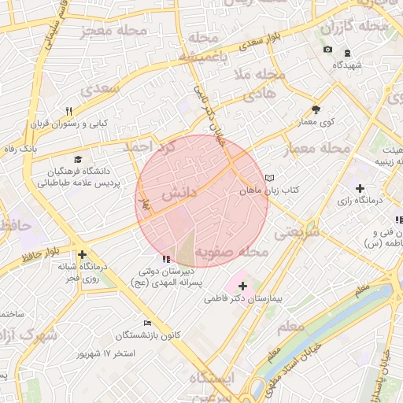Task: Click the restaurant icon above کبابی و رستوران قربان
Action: pos(68,111)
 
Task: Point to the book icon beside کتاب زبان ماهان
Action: pos(271,179)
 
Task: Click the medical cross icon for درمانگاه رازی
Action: pos(360,189)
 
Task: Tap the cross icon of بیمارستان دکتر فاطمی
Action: pos(242,287)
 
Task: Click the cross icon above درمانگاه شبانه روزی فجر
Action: pos(83,254)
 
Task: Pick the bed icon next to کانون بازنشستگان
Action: pos(147,323)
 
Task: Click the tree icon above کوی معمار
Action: pos(316,110)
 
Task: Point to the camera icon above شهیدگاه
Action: pos(327,50)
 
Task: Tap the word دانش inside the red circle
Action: pos(177,194)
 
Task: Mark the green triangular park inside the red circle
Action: pos(184,248)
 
